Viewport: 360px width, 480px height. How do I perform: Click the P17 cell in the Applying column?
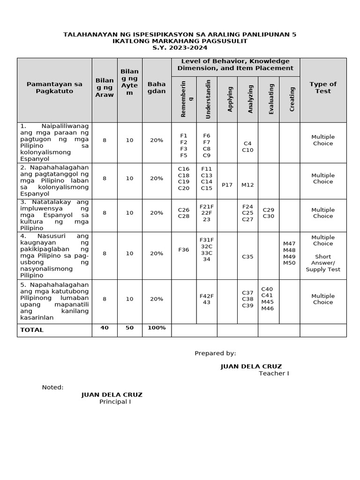pos(227,185)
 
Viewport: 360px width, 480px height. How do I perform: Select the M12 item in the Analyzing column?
pos(247,185)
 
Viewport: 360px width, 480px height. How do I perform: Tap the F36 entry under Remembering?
pos(184,250)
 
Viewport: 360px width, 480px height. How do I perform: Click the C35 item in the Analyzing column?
pos(247,256)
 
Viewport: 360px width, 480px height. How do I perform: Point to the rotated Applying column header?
pos(230,98)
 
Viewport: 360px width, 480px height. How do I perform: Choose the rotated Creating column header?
pos(292,98)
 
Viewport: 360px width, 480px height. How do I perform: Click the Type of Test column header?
pos(323,88)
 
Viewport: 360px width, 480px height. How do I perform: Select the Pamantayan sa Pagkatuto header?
pos(54,88)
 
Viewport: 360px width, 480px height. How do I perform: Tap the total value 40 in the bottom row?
pos(105,328)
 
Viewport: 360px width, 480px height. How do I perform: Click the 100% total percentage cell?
pos(157,328)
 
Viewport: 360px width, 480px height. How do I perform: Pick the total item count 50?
pos(129,328)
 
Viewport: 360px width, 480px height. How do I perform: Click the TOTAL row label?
pos(32,330)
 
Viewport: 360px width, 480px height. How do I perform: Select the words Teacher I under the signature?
pos(274,373)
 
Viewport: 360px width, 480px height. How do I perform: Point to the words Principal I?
pos(115,402)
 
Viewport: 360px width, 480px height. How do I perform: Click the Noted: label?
pos(52,387)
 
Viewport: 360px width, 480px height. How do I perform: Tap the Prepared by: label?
pos(215,353)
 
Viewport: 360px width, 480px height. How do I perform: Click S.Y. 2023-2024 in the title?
pos(180,48)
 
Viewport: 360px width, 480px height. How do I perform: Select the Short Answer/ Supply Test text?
pos(323,263)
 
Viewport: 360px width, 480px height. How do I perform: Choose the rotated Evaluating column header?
pos(271,98)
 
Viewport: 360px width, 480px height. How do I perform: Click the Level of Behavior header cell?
pos(235,65)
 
